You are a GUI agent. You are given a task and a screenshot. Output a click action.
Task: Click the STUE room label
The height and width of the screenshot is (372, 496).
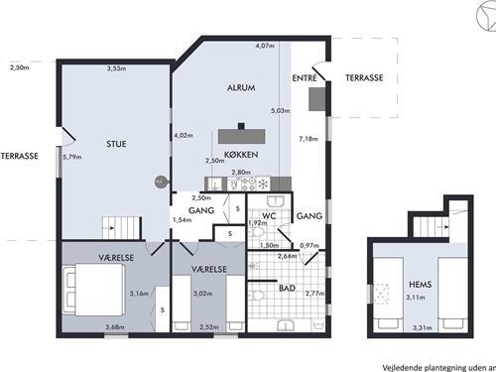click(116, 144)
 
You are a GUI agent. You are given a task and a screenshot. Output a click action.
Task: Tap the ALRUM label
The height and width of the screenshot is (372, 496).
click(241, 88)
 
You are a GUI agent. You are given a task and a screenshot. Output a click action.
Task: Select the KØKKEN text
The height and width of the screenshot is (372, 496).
click(241, 155)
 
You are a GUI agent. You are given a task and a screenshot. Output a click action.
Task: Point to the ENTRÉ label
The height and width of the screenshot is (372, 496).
click(305, 78)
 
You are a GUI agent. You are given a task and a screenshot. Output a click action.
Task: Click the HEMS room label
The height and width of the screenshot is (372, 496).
click(421, 285)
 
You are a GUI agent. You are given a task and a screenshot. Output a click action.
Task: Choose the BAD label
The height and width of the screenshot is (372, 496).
click(287, 289)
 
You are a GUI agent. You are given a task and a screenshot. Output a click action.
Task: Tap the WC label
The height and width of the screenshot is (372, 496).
click(269, 216)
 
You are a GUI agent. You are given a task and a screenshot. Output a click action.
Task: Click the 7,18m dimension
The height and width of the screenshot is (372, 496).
click(309, 139)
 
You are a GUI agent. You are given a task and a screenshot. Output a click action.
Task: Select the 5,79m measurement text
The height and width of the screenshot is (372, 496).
click(72, 157)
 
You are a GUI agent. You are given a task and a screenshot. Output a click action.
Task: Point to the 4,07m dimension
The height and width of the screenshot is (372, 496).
click(265, 46)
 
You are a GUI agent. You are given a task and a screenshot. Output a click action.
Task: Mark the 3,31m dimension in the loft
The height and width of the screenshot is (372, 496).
click(422, 328)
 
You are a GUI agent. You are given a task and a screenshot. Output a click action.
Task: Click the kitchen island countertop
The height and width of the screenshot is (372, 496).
click(242, 136)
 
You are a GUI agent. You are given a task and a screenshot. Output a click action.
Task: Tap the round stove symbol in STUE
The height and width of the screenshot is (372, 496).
click(162, 182)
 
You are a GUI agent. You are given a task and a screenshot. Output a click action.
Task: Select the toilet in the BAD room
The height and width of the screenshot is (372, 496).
click(256, 296)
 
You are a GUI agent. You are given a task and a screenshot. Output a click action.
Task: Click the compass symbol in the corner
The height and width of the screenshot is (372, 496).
click(487, 16)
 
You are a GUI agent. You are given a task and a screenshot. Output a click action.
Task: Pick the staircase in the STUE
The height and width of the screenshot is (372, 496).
click(122, 227)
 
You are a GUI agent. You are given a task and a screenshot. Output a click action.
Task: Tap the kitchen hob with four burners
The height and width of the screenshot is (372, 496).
click(248, 184)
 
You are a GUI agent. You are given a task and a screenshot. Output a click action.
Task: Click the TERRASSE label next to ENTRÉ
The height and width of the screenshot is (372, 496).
click(364, 78)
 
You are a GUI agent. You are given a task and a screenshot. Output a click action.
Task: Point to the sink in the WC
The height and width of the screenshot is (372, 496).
click(275, 201)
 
